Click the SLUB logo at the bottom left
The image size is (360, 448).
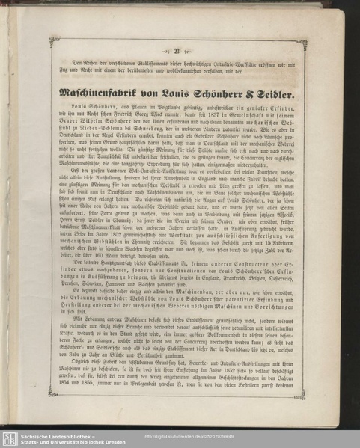(10, 438)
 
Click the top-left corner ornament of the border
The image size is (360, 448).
(55, 42)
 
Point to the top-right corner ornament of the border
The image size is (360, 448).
(302, 43)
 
